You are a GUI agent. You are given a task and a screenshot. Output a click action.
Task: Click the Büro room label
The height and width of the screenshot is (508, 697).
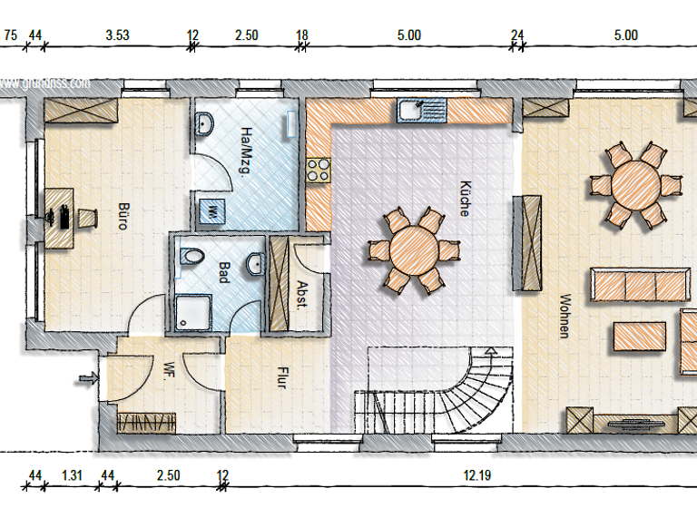pos(123,216)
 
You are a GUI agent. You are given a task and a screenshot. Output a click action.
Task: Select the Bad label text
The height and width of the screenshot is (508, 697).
pos(223,272)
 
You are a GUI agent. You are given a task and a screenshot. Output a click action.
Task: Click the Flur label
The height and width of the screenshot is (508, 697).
pos(281,376)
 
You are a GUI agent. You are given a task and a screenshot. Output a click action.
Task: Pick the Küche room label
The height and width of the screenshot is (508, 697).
pos(464,197)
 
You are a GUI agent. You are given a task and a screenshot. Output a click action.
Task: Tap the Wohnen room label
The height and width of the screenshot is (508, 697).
pos(564,316)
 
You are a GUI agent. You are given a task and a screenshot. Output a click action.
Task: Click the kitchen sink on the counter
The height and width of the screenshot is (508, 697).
pos(421,112)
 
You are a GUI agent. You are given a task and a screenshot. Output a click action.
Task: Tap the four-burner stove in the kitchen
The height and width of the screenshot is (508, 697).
pos(319,168)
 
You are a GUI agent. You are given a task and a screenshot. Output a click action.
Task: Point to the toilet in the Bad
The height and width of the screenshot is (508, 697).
pos(191,257)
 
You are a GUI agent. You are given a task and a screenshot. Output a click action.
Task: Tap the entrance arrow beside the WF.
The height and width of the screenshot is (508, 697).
pos(88,377)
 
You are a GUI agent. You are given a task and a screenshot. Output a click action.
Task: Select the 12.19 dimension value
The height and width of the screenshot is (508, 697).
pos(476,475)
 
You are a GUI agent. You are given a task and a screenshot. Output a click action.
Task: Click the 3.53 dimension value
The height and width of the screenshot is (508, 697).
pos(117,35)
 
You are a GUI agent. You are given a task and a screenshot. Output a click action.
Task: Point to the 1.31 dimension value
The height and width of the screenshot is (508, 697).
pos(72,475)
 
